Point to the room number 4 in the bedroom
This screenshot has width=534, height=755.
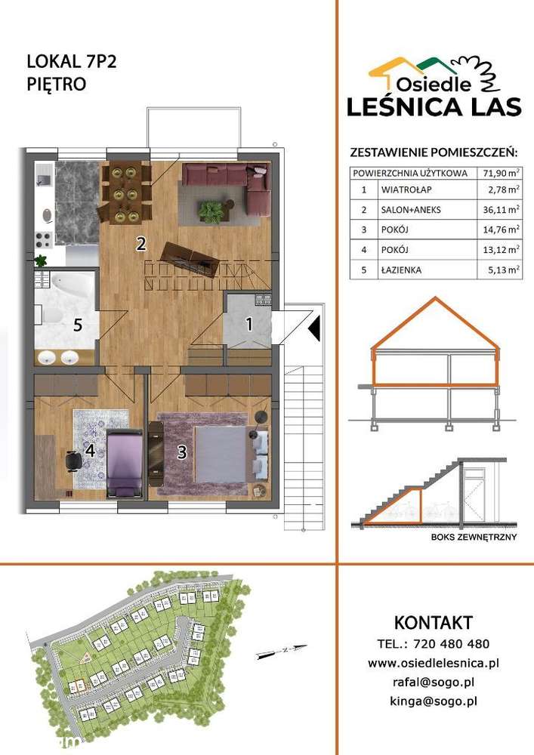(x=89, y=451)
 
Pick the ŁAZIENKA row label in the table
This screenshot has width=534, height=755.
(x=402, y=270)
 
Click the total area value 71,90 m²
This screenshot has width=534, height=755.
(x=501, y=172)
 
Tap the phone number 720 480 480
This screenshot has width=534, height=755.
(x=454, y=644)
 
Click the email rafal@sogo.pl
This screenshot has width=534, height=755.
(x=434, y=682)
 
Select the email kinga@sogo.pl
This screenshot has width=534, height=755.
(x=434, y=701)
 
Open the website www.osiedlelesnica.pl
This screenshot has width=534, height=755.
(x=434, y=663)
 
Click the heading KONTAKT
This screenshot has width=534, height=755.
(x=434, y=623)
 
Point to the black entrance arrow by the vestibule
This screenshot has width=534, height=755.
(x=314, y=326)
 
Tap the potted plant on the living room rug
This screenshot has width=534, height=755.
(x=209, y=209)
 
